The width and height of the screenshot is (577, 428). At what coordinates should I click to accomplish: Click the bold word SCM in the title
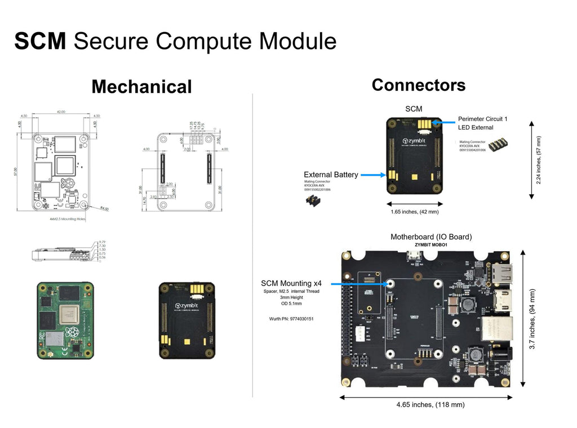[x=40, y=41]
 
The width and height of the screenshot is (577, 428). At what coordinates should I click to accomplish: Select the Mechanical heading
[x=141, y=87]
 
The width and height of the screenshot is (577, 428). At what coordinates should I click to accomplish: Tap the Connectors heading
[x=418, y=85]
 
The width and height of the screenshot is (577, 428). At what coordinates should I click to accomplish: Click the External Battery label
[x=331, y=175]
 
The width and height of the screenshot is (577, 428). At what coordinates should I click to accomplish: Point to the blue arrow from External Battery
[x=372, y=175]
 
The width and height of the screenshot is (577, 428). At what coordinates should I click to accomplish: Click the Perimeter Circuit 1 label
[x=482, y=119]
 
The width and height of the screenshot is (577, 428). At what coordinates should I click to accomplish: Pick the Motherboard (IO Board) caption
[x=431, y=237]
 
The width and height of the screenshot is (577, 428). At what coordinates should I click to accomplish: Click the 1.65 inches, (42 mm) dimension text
[x=414, y=212]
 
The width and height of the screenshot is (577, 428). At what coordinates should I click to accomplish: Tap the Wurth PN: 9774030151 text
[x=291, y=319]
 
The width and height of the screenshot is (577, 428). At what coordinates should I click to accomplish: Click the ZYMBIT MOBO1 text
[x=431, y=246]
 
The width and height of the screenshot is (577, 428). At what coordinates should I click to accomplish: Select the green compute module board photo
[x=65, y=320]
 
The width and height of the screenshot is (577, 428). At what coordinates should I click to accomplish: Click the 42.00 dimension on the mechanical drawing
[x=61, y=112]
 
